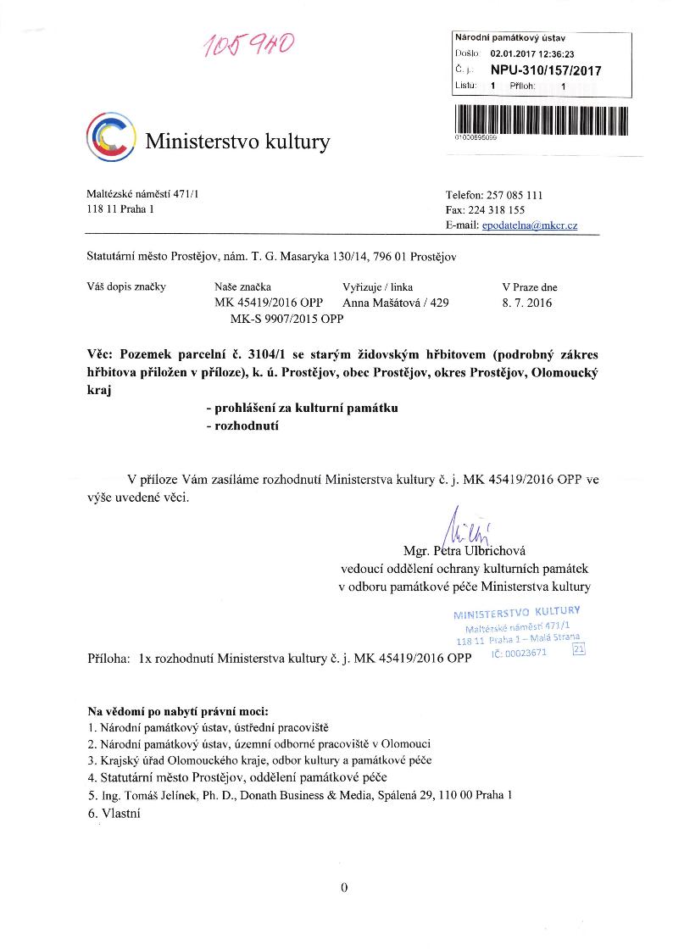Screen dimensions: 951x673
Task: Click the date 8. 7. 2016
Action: tap(527, 303)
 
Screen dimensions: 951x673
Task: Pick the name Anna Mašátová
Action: tap(381, 303)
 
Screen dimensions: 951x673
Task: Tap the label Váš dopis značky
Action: tap(126, 286)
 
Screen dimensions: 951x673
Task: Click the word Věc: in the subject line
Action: tap(103, 353)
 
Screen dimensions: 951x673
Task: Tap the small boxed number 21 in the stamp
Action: tap(580, 650)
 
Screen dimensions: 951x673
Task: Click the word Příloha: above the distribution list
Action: tap(109, 657)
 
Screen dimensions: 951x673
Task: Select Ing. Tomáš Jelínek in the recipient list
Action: tap(153, 795)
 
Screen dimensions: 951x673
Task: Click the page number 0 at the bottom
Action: tap(343, 887)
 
